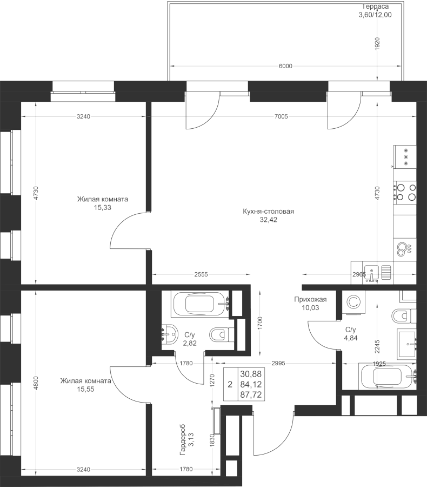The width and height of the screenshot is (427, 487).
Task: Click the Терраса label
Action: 376,6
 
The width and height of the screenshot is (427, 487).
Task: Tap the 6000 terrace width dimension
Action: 285,66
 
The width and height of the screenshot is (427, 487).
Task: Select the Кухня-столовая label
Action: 269,212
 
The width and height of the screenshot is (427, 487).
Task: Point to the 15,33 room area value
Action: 103,207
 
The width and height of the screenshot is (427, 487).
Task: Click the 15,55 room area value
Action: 85,389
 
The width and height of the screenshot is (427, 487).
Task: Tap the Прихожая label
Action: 310,299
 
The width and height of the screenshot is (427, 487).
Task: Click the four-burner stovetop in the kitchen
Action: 405,192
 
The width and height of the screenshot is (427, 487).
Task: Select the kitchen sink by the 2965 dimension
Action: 371,273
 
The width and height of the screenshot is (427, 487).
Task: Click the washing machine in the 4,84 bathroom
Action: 353,302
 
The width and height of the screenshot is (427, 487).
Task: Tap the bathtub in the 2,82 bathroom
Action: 200,304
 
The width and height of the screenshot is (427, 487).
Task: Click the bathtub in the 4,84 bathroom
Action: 388,376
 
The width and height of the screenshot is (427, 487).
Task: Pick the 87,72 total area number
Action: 251,395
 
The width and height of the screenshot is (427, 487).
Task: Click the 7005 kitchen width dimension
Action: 281,116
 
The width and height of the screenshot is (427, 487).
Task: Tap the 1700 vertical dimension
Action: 260,323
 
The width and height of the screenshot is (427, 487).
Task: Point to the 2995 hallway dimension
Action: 278,363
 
